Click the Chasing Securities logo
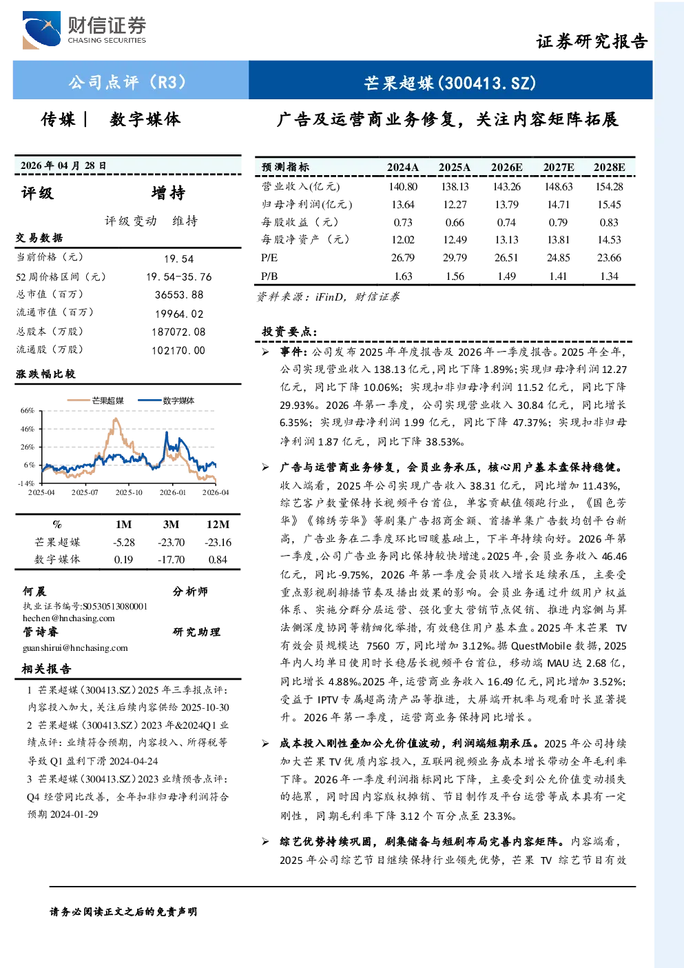coord(85,30)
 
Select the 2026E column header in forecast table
coord(506,168)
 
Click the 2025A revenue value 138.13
coord(455,187)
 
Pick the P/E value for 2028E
coord(609,258)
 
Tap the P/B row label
coord(269,276)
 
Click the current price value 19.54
coord(178,259)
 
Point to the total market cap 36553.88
coord(179,294)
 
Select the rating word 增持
coord(168,193)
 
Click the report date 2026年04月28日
coord(63,165)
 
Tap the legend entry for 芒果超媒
coord(96,401)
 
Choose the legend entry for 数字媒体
coord(166,401)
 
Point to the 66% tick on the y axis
coord(27,410)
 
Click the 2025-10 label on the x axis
coord(129,492)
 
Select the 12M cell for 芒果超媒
coord(218,543)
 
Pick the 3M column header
coord(171,524)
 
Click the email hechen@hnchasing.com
coord(69,618)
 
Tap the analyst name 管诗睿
coord(40,632)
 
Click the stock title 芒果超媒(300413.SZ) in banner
coord(450,83)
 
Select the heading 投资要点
coord(289,332)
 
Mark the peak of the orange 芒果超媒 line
coord(115,419)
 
